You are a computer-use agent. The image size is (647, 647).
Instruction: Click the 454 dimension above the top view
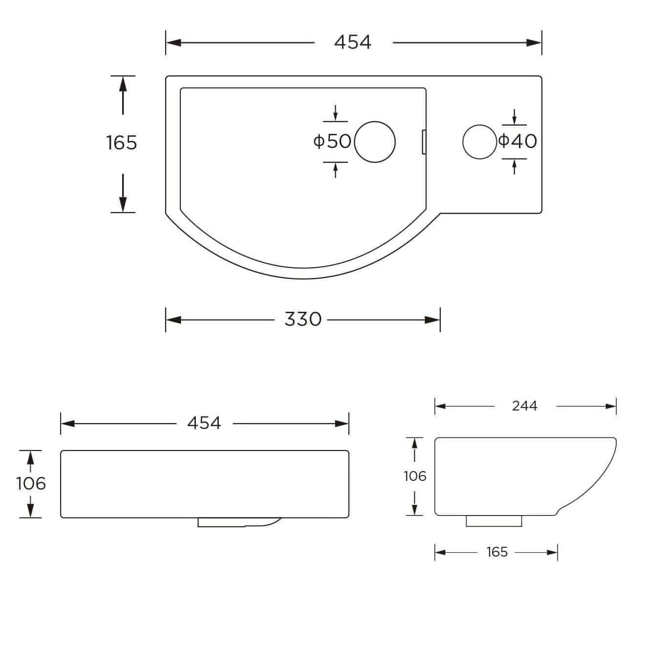pos(352,43)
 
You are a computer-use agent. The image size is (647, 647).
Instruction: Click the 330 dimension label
pos(302,320)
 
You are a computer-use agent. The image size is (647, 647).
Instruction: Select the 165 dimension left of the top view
pos(122,143)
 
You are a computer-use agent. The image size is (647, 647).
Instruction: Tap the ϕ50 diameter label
pos(332,142)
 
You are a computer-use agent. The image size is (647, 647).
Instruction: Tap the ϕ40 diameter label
pos(518,141)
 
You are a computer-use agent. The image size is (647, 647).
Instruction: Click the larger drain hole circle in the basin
pos(375,142)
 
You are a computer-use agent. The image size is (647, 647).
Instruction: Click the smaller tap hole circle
pos(479,142)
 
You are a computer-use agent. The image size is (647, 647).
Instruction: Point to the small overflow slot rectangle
pos(424,142)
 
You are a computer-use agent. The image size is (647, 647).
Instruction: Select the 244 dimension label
pos(524,406)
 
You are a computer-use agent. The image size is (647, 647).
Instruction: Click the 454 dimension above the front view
pos(204,423)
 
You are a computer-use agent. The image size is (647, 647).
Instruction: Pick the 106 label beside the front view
pos(31,483)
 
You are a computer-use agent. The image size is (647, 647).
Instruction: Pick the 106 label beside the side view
pos(415,476)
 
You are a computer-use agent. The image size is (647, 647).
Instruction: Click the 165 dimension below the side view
pos(497,552)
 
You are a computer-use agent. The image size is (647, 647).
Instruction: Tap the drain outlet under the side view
pos(494,521)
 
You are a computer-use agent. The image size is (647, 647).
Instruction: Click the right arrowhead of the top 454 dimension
pos(534,43)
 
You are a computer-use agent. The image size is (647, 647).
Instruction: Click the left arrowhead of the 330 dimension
pos(173,320)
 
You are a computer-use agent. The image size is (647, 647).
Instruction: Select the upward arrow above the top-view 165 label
pos(123,86)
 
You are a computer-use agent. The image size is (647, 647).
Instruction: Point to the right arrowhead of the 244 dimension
pos(610,406)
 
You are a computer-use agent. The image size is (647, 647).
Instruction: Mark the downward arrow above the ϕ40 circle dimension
pos(514,119)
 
